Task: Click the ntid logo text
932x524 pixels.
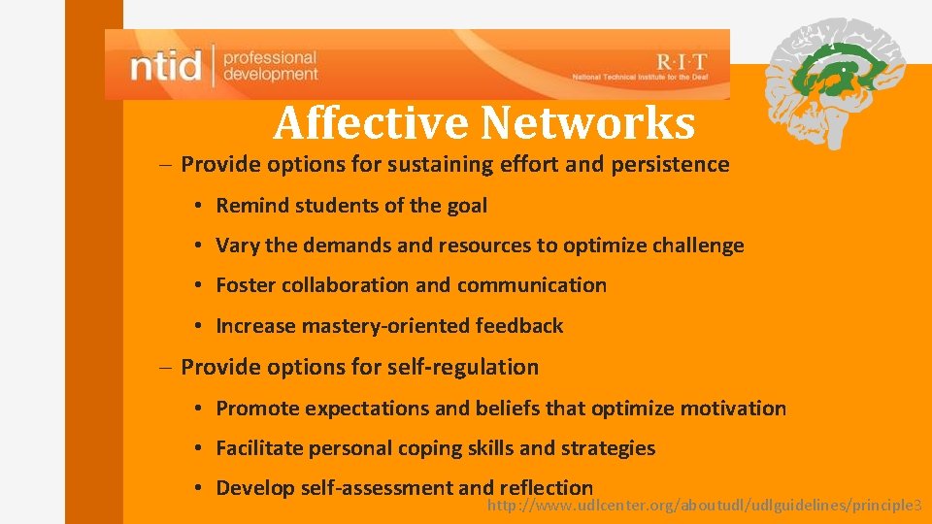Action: point(166,66)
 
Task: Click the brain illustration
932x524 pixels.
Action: point(834,82)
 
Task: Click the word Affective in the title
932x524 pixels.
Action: point(371,123)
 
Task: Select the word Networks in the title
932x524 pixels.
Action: point(587,123)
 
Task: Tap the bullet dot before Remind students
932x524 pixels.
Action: point(197,206)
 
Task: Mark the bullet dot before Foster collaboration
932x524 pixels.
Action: point(197,285)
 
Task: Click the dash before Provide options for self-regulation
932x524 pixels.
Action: point(167,367)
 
